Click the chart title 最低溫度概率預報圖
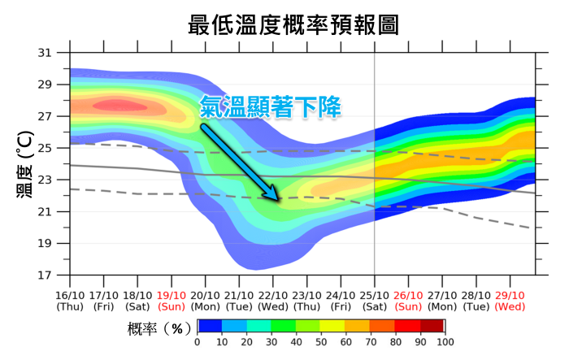(293, 24)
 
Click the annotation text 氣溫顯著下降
(269, 106)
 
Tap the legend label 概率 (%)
(159, 327)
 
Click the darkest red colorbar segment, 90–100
(432, 326)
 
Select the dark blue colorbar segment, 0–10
(210, 326)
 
